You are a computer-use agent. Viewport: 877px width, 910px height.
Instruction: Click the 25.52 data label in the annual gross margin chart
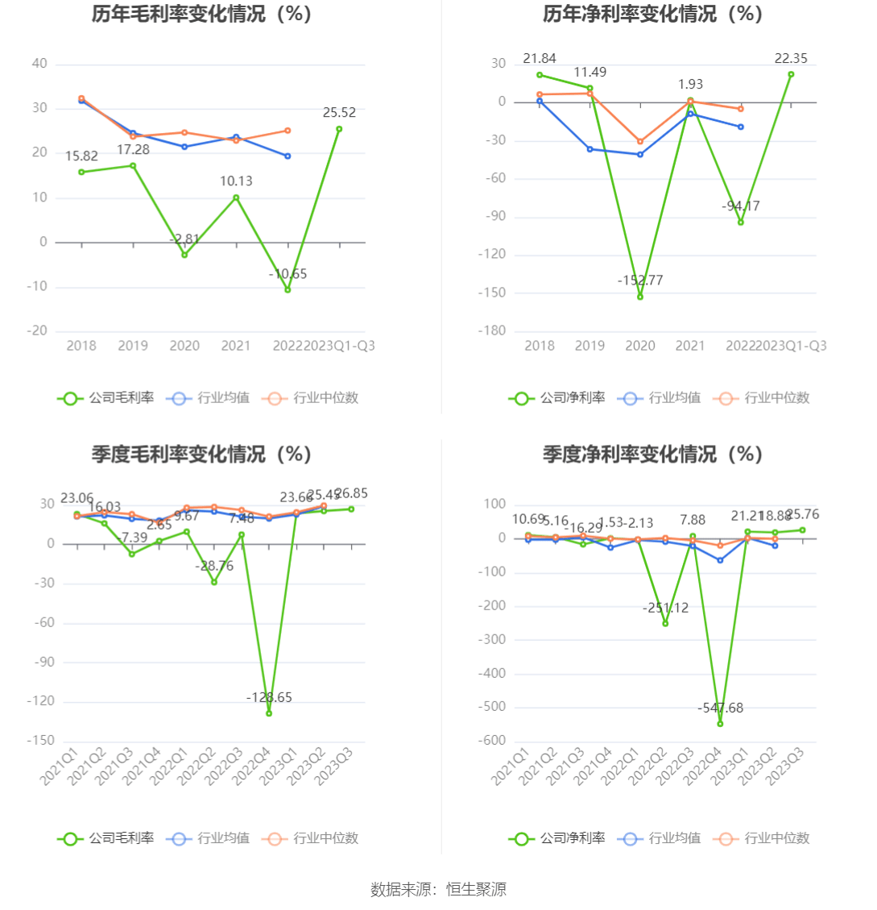click(x=339, y=113)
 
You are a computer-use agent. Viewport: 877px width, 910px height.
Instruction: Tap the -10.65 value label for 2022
click(x=288, y=274)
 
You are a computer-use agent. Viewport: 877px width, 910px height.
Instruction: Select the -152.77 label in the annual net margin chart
click(x=640, y=280)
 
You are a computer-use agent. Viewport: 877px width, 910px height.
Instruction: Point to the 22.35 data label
click(x=791, y=58)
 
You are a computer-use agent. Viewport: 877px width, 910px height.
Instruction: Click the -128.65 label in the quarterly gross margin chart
click(x=269, y=696)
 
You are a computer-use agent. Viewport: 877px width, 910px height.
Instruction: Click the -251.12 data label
click(x=665, y=608)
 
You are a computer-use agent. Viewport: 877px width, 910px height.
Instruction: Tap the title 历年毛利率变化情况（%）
click(x=201, y=14)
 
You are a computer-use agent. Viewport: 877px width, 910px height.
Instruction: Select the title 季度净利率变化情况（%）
click(x=652, y=455)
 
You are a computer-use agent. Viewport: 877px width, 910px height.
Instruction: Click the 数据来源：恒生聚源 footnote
click(x=438, y=890)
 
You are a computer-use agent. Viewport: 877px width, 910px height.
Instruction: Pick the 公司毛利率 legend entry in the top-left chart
click(x=105, y=397)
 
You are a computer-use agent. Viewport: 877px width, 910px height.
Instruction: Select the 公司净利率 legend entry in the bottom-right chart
click(x=556, y=838)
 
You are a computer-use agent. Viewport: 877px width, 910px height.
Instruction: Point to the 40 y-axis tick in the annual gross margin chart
click(x=39, y=64)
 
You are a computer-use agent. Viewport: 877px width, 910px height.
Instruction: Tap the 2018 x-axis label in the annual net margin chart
click(x=540, y=346)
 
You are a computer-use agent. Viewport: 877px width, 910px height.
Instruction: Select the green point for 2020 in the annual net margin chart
click(x=640, y=297)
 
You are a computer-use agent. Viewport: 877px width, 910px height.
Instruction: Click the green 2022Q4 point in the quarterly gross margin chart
click(x=269, y=713)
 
